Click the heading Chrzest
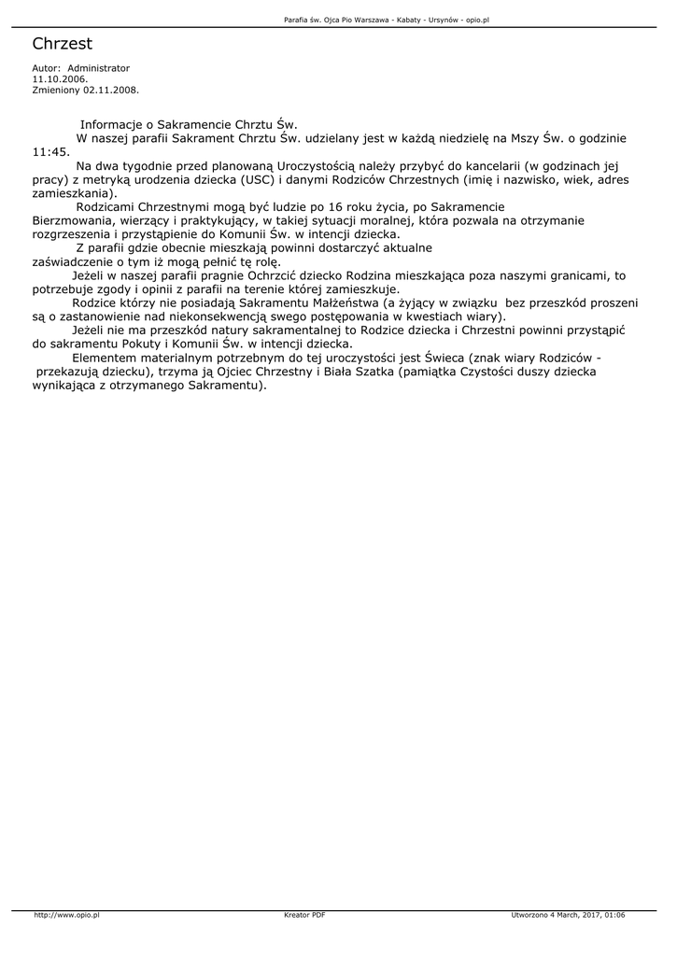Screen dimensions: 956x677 click(62, 44)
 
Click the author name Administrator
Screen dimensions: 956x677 click(99, 68)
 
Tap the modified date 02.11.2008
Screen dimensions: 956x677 click(111, 91)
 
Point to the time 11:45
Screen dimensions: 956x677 click(50, 151)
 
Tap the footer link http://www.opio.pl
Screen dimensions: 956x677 click(66, 915)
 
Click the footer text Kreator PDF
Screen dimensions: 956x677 click(304, 915)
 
